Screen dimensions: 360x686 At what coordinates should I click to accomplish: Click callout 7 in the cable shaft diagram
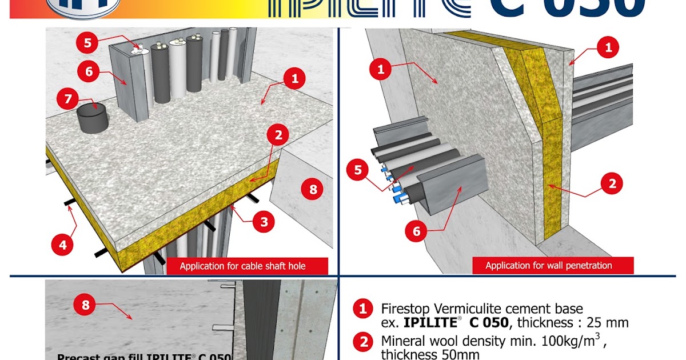pyautogui.click(x=69, y=99)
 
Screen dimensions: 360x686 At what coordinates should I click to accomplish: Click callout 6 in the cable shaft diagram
pyautogui.click(x=89, y=73)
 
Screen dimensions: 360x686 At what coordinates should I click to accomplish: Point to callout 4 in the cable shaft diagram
pyautogui.click(x=62, y=245)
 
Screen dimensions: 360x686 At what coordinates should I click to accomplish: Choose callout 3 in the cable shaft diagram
pyautogui.click(x=264, y=222)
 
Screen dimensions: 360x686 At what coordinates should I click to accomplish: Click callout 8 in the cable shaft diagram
pyautogui.click(x=313, y=190)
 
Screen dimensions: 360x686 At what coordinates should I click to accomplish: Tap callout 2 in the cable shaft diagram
pyautogui.click(x=278, y=135)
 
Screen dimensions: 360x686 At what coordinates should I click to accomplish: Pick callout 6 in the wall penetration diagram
pyautogui.click(x=416, y=231)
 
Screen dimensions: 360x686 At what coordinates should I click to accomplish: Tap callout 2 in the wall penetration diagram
pyautogui.click(x=612, y=184)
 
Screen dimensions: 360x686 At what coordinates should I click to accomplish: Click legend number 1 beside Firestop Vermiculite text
pyautogui.click(x=362, y=310)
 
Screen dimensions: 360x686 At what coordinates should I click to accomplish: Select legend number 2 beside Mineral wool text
pyautogui.click(x=362, y=343)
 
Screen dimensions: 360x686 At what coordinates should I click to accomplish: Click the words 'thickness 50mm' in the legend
pyautogui.click(x=422, y=355)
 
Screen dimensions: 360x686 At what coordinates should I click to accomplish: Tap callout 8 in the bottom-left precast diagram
pyautogui.click(x=85, y=305)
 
